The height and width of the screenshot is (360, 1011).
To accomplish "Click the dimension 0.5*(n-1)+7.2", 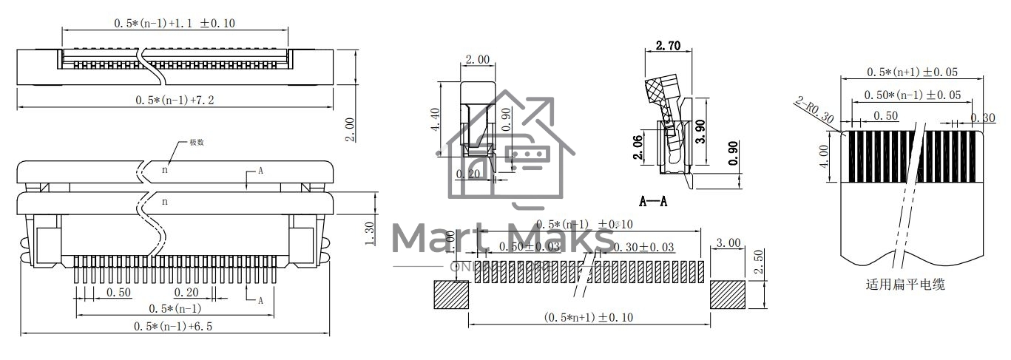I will [175, 100].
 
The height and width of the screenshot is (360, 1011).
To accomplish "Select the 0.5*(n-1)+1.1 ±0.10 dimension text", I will [175, 24].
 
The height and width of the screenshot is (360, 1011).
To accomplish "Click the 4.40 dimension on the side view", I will [435, 119].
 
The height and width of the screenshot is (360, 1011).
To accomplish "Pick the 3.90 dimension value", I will [701, 131].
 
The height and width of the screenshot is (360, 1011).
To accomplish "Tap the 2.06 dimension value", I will [638, 149].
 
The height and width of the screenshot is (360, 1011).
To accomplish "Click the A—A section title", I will [653, 201].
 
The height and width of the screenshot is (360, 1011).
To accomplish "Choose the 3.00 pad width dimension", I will [728, 242].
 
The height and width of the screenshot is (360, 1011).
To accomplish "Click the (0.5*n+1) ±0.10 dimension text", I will [589, 317].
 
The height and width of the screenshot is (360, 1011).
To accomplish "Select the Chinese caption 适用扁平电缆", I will [905, 284].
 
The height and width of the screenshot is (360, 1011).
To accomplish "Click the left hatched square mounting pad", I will [451, 296].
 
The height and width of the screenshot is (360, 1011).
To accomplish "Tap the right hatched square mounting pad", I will [728, 296].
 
